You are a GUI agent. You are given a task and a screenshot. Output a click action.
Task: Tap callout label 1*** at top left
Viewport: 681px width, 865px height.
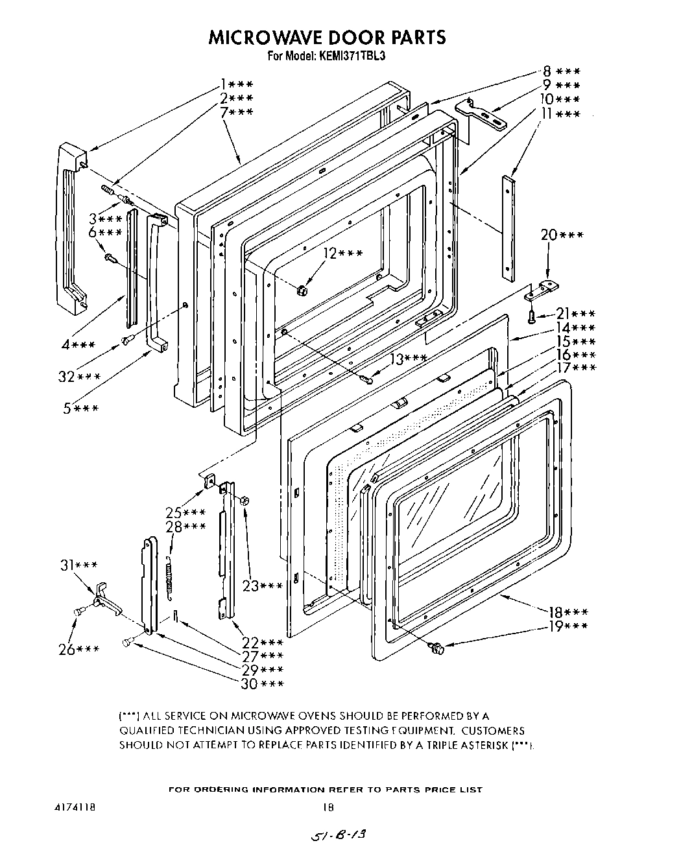tap(236, 84)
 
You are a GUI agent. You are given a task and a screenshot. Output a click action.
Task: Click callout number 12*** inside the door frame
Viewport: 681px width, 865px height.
tap(342, 254)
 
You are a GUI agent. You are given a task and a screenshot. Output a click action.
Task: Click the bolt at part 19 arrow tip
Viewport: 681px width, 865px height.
tap(436, 646)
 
